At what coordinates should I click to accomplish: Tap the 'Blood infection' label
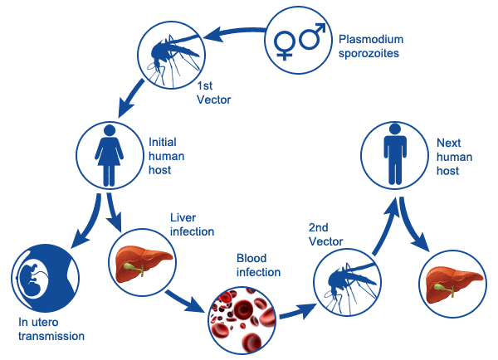258,265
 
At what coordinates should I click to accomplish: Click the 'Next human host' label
454,156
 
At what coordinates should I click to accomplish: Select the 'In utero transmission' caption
51,330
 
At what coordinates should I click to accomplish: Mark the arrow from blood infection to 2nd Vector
295,314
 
